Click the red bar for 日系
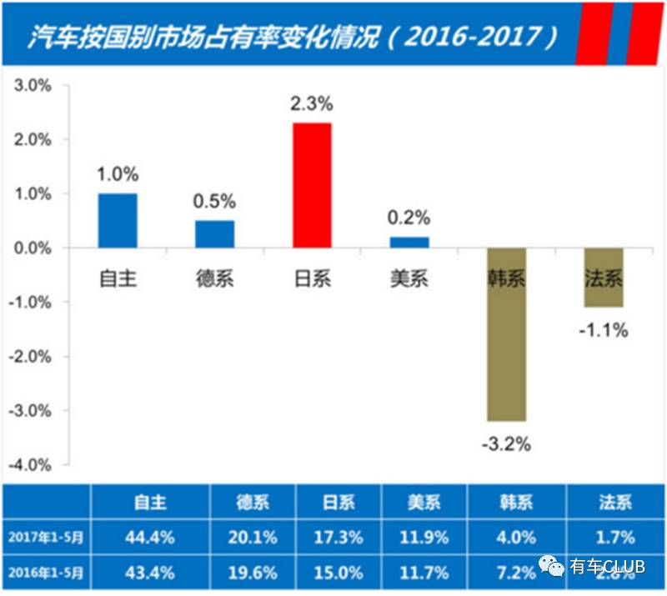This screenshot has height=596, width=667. (x=312, y=185)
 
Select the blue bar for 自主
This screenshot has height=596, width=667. (x=118, y=221)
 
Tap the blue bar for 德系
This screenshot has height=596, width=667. (x=215, y=234)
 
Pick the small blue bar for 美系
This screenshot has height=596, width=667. (x=409, y=243)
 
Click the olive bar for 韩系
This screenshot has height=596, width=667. (x=506, y=334)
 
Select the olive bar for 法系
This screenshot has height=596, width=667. (x=603, y=278)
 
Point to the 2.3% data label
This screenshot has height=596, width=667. (x=312, y=104)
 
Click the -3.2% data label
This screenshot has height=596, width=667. (x=506, y=443)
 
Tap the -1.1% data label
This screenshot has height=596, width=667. (x=603, y=330)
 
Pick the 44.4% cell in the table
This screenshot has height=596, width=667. (x=151, y=538)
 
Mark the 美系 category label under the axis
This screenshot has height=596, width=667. (x=409, y=278)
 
